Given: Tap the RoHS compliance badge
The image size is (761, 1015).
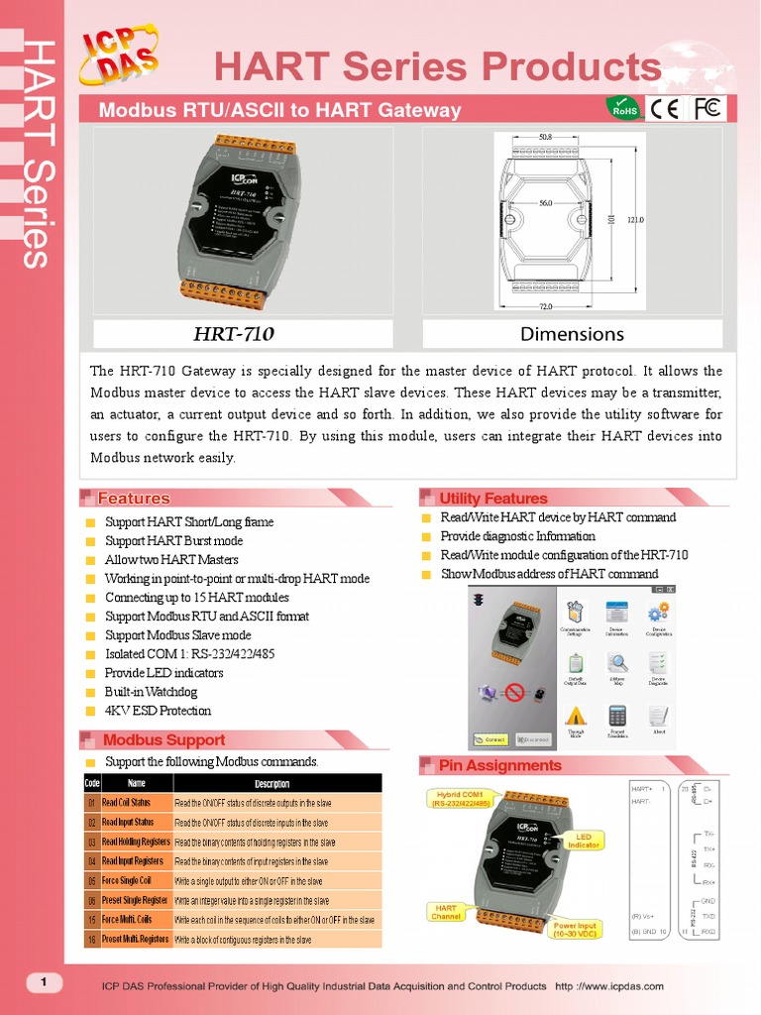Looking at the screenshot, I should (624, 107).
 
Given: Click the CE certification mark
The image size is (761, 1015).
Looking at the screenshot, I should (665, 108).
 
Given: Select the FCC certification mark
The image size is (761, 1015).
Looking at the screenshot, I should (707, 108).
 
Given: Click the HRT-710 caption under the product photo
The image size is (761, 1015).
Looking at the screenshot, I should (234, 333).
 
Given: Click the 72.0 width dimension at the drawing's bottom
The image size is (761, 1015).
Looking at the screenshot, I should (545, 306).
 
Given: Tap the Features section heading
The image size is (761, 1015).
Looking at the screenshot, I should (134, 499).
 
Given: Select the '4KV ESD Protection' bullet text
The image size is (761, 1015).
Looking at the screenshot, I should (158, 711).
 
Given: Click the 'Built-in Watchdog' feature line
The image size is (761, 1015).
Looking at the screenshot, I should (151, 692).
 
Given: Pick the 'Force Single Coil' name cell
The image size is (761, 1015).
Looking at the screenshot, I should (126, 880).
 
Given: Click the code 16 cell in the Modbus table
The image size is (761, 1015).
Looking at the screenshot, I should (91, 939).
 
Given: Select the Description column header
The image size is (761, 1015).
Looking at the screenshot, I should (272, 783).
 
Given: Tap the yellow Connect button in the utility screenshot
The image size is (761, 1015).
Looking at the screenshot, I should (490, 739).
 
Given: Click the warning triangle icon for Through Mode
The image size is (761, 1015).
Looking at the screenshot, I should (575, 716).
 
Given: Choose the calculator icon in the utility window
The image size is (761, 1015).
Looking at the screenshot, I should (617, 716).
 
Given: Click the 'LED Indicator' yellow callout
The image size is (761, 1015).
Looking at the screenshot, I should (584, 841).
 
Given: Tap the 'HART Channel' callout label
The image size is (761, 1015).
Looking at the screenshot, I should (446, 911).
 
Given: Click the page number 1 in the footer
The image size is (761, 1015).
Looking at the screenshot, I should (44, 982).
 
